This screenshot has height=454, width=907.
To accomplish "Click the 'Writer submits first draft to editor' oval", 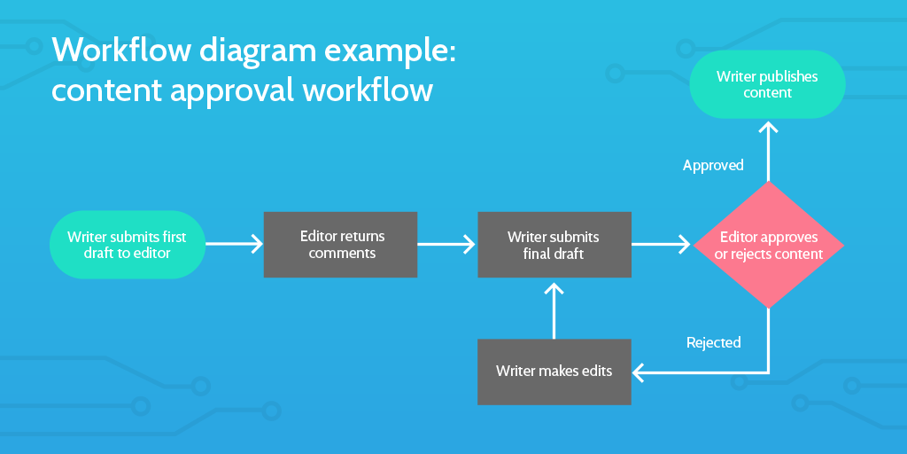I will pos(128,245).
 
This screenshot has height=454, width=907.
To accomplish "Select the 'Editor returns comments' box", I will pos(341,245).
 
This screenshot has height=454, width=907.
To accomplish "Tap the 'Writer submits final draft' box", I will pos(554,245).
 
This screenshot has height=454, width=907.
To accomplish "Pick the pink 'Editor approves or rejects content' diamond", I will pos(768,245).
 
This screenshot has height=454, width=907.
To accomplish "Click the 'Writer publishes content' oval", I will pos(768,84).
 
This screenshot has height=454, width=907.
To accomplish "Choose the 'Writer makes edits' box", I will pos(554,372).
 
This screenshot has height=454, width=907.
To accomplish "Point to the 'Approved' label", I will pos(713,165).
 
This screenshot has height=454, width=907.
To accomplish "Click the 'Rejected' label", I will pos(714,342).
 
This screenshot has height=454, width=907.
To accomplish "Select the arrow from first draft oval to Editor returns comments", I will pos(235,244).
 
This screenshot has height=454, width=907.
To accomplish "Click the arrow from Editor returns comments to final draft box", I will pos(447,244).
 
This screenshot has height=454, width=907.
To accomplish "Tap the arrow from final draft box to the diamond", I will pos(661,244).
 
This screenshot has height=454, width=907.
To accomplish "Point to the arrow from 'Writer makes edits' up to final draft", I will pos(554,310).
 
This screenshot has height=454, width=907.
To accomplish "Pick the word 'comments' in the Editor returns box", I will pos(342,254).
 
